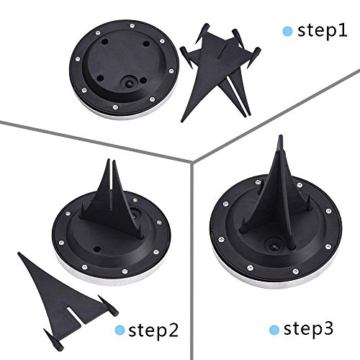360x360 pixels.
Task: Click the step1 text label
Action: tap(322, 32)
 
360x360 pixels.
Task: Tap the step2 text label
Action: tap(153, 330)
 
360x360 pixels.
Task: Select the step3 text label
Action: tap(308, 329)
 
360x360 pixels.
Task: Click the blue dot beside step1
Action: tap(287, 32)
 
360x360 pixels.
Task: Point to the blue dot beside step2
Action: tap(120, 330)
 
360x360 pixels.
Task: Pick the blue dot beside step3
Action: tap(274, 330)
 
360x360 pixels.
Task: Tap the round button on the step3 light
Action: tap(274, 246)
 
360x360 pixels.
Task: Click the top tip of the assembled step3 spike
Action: tap(280, 136)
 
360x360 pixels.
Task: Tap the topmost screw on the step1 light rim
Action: tap(132, 26)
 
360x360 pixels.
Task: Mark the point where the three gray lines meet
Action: tap(192, 163)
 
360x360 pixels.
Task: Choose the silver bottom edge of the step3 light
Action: tap(276, 279)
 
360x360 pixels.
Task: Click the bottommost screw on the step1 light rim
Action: tap(115, 107)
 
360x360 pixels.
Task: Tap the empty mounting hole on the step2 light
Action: tap(97, 249)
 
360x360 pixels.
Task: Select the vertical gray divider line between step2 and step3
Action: tap(192, 261)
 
